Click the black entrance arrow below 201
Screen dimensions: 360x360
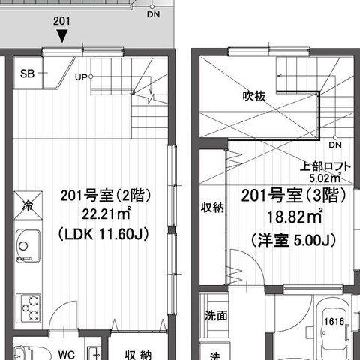[x=61, y=36]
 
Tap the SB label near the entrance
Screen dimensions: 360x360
[x=27, y=73]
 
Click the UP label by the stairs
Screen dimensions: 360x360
[x=81, y=77]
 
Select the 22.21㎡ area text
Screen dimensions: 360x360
[x=106, y=214]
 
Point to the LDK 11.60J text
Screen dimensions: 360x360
[x=103, y=235]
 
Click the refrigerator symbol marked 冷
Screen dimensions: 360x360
[x=28, y=205]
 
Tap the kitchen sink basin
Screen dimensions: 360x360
[x=28, y=246]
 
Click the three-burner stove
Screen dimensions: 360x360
[x=28, y=308]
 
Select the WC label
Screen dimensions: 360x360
[x=67, y=355]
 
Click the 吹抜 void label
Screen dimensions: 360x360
[x=254, y=96]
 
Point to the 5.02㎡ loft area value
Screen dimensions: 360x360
[x=325, y=178]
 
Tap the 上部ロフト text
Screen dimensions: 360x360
[x=325, y=166]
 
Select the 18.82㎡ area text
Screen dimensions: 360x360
[x=295, y=217]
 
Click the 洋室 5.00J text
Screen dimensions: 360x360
[x=294, y=240]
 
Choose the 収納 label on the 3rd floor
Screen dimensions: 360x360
[x=212, y=208]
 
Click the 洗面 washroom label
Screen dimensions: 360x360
[x=216, y=316]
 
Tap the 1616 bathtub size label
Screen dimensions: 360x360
[x=334, y=321]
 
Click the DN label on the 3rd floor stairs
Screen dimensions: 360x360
[x=335, y=145]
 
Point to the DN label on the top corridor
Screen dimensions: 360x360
[x=153, y=14]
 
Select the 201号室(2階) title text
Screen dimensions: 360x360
[x=106, y=196]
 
